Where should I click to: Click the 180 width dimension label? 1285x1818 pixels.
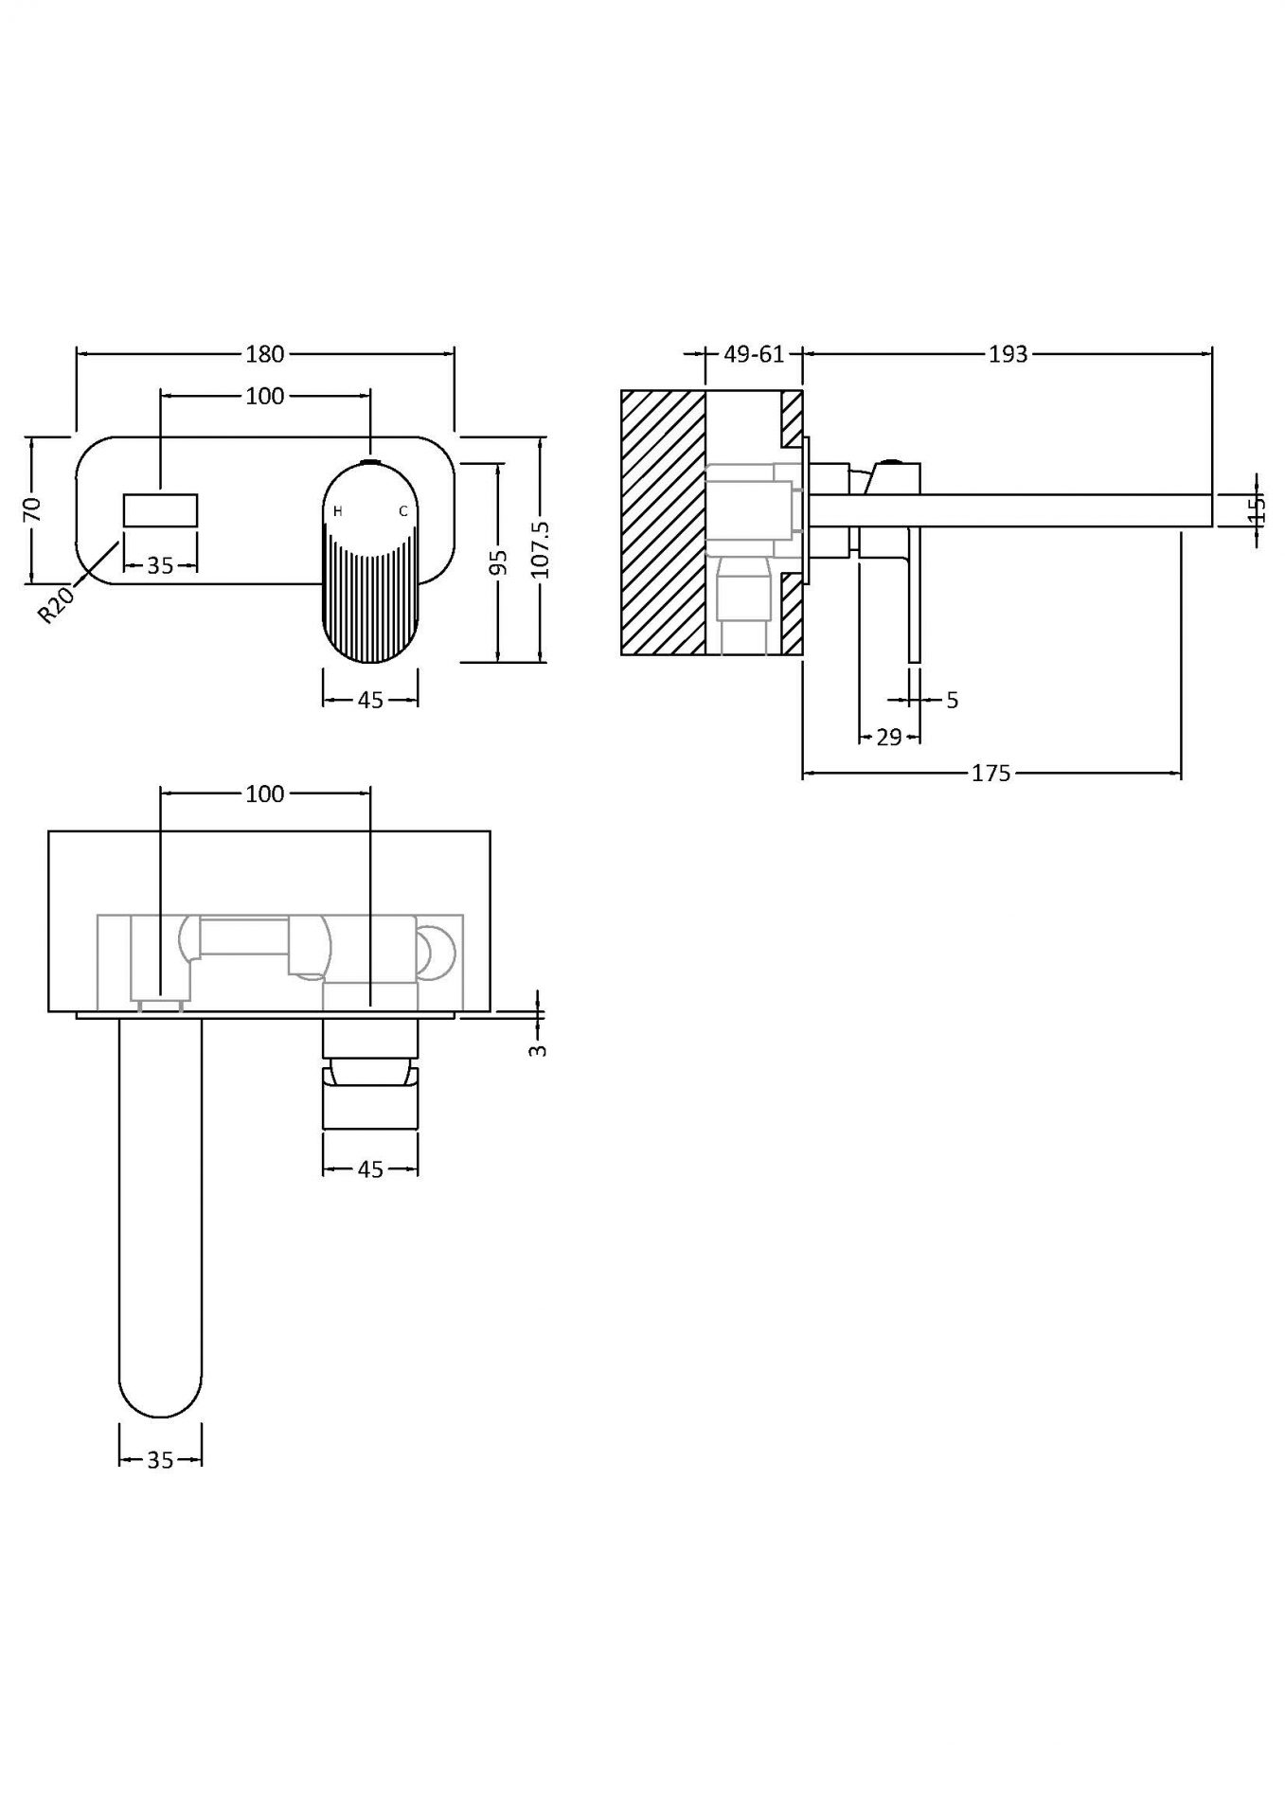pos(264,354)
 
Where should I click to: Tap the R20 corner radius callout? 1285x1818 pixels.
pos(56,604)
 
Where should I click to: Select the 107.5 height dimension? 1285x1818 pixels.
pos(540,549)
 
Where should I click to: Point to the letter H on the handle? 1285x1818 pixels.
pos(338,511)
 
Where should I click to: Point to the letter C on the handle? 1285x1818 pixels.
pos(402,511)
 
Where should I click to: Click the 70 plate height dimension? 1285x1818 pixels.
pos(32,509)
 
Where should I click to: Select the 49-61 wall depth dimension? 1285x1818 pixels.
pos(754,354)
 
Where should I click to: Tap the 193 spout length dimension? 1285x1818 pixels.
pos(1008,354)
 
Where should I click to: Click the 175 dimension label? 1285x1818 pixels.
pos(991,774)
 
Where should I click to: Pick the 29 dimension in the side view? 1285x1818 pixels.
pos(888,738)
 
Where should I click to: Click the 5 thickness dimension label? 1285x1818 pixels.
pos(952,700)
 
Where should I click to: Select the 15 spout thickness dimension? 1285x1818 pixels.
pos(1257,509)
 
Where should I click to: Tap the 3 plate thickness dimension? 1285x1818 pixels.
pos(538,1049)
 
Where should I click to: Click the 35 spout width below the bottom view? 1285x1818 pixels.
pos(160,1460)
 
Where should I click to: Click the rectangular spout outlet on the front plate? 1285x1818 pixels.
pos(160,510)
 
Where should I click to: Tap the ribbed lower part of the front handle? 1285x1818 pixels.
pos(370,597)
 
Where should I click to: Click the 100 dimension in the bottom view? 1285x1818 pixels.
pos(264,793)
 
